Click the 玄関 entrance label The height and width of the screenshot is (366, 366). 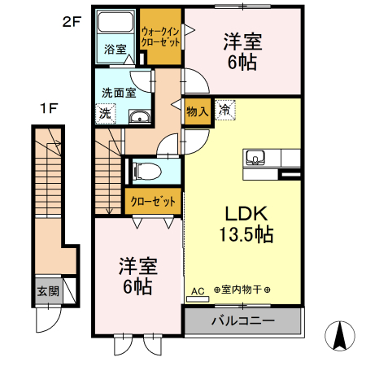pos(47,290)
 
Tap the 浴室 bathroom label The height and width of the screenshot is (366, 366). pos(115,50)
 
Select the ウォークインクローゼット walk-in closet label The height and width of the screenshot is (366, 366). pos(160,37)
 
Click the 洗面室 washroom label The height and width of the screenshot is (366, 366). pos(118,92)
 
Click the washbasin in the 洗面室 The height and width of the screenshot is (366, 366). pos(139,117)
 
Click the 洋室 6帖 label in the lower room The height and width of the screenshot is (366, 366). pos(136,276)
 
